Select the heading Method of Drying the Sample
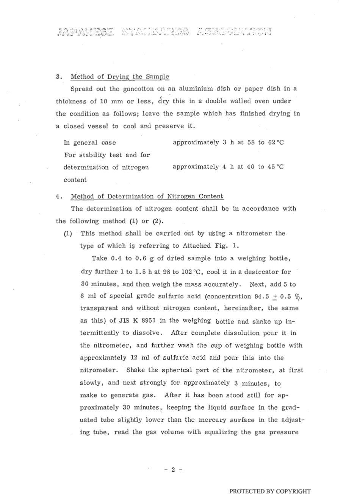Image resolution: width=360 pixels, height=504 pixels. (x=120, y=76)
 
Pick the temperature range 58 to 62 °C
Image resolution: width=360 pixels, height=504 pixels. (x=261, y=142)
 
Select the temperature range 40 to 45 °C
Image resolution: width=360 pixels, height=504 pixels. (x=261, y=167)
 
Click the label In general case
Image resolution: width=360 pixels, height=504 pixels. (x=90, y=143)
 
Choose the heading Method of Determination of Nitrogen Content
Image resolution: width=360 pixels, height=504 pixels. (x=147, y=196)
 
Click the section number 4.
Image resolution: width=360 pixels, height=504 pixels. (x=58, y=196)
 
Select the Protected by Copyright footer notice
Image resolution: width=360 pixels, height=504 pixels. (x=270, y=492)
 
